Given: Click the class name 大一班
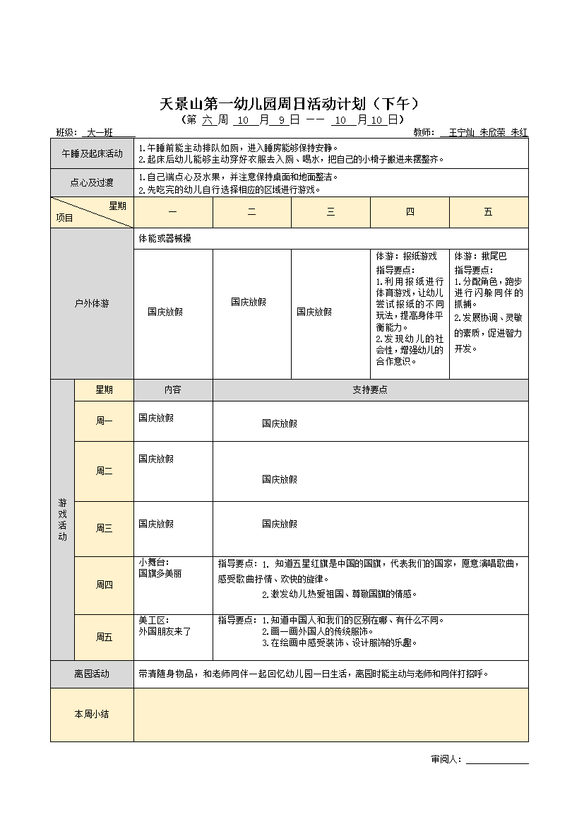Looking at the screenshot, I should pyautogui.click(x=100, y=131).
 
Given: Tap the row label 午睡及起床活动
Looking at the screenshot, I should pyautogui.click(x=92, y=153).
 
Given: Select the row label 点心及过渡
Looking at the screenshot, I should pyautogui.click(x=92, y=183).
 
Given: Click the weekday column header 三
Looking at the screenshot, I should pyautogui.click(x=330, y=212).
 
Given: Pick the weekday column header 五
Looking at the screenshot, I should pyautogui.click(x=488, y=212).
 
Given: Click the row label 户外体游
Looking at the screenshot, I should pyautogui.click(x=92, y=304).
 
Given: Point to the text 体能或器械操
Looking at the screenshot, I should pyautogui.click(x=165, y=239).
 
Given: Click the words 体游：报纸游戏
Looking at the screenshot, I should pyautogui.click(x=406, y=257).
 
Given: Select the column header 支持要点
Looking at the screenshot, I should pyautogui.click(x=370, y=389).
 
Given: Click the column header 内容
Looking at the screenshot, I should pyautogui.click(x=173, y=389).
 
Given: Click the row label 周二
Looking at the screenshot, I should pyautogui.click(x=104, y=471).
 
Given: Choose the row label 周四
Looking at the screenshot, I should pyautogui.click(x=104, y=585).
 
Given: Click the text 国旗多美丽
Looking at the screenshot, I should pyautogui.click(x=160, y=573).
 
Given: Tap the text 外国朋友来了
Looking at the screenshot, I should pyautogui.click(x=165, y=631).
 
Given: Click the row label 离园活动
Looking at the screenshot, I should pyautogui.click(x=92, y=674).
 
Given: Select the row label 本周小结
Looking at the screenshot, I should pyautogui.click(x=92, y=715).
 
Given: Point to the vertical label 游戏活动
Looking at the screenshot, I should pyautogui.click(x=62, y=520).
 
